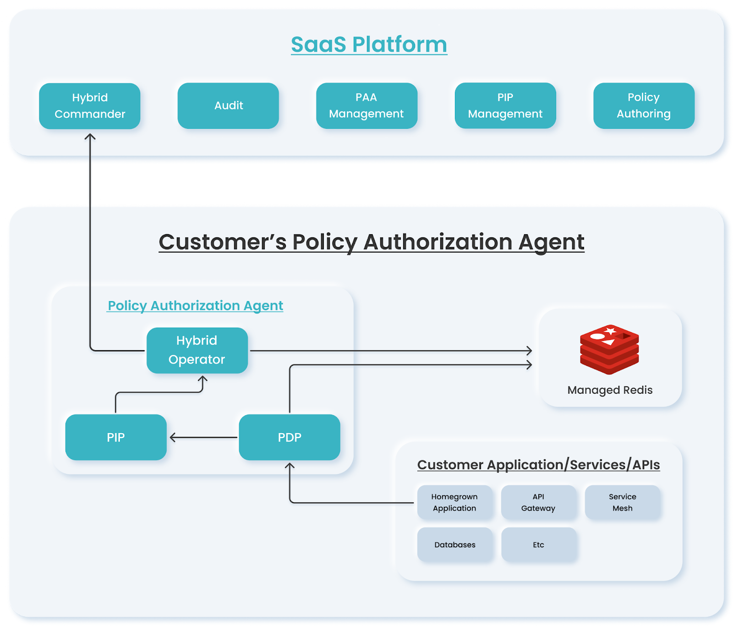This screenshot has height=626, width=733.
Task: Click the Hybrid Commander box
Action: coord(90,106)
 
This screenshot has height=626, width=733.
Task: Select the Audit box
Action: coord(228,106)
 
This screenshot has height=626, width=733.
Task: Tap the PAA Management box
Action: coord(366,106)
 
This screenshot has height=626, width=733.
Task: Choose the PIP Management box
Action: coord(505,106)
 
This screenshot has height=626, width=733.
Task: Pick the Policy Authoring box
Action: coord(643,106)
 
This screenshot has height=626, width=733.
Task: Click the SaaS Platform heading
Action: coord(369,45)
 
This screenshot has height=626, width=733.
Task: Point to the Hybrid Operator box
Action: coord(197,350)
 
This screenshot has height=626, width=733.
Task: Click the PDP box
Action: coord(289,437)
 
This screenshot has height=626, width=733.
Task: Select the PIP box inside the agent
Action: coord(115,437)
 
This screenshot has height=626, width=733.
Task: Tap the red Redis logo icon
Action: coord(609,349)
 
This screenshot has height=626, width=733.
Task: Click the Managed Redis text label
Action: coord(609,390)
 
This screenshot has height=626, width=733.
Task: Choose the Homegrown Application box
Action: coord(454,502)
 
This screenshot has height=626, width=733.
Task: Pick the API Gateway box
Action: coord(538,502)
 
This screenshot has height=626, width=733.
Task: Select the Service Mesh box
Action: coord(622,502)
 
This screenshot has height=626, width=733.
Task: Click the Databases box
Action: coord(454,544)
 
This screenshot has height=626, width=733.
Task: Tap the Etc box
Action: coord(538,544)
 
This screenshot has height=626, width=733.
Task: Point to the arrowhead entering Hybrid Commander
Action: coord(90,136)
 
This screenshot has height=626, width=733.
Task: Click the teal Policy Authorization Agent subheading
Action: coord(195,306)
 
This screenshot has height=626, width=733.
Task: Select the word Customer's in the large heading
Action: coord(222,242)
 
